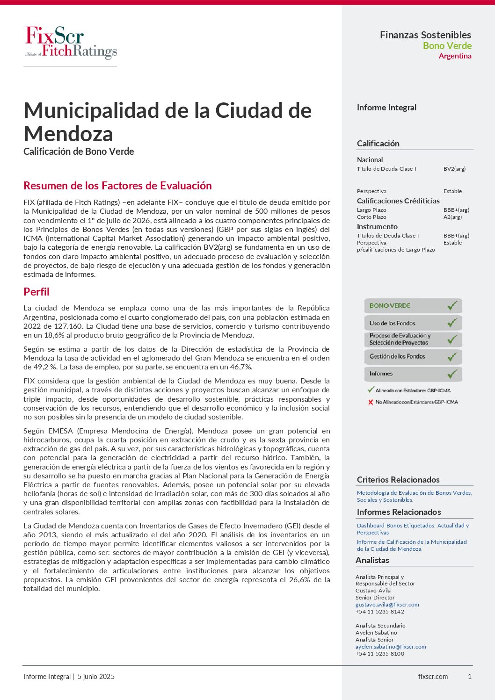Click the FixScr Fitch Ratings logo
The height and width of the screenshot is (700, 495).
[x=71, y=43]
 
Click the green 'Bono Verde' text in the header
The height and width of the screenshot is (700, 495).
[x=447, y=46]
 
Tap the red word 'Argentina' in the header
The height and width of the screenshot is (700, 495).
[x=455, y=56]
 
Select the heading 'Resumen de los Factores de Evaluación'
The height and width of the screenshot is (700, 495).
[x=117, y=186]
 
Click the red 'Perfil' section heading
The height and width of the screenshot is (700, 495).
[x=36, y=292]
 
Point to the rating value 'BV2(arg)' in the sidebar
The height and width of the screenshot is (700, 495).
[x=454, y=169]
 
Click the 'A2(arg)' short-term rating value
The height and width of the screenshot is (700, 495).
[x=452, y=217]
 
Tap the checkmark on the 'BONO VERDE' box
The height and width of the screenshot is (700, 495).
[x=452, y=306]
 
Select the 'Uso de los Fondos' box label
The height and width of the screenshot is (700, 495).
[x=392, y=323]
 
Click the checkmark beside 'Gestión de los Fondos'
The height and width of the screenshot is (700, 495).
[x=452, y=357]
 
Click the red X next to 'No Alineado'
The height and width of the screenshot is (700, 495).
[x=371, y=402]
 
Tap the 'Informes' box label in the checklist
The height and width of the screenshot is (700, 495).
[x=381, y=374]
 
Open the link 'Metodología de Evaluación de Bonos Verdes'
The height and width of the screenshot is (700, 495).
[x=414, y=493]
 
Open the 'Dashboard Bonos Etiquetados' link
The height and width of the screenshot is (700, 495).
[x=413, y=526]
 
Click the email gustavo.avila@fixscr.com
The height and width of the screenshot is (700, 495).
[x=387, y=605]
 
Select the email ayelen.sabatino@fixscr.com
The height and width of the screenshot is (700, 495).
[x=391, y=647]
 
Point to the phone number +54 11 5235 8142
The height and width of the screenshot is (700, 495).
[x=379, y=612]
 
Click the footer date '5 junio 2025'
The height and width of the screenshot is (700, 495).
[x=96, y=677]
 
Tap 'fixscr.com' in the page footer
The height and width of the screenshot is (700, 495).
[x=433, y=677]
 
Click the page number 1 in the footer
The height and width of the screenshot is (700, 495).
[x=470, y=677]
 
